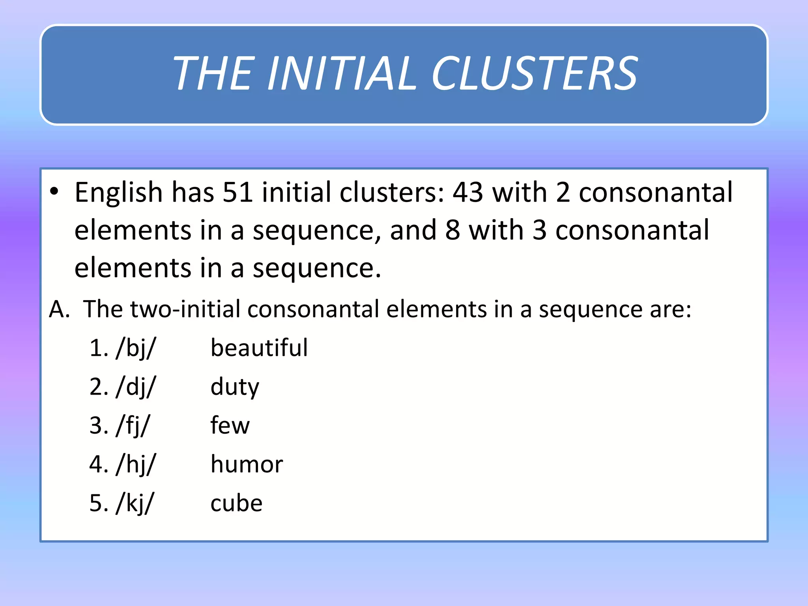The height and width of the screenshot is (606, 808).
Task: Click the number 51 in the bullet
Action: (238, 193)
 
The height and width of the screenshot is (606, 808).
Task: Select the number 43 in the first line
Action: (468, 193)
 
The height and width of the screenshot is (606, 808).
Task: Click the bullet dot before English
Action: (54, 191)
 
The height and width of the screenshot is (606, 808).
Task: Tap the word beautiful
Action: (259, 348)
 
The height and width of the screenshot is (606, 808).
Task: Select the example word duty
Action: (235, 387)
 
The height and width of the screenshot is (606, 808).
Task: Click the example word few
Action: (230, 425)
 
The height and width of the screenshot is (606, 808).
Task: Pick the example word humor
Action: (247, 464)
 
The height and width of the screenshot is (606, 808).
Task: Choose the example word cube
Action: (236, 503)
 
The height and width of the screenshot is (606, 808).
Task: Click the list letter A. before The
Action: (59, 309)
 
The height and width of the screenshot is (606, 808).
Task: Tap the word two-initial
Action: (185, 309)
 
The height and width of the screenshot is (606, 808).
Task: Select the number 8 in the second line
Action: (453, 230)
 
